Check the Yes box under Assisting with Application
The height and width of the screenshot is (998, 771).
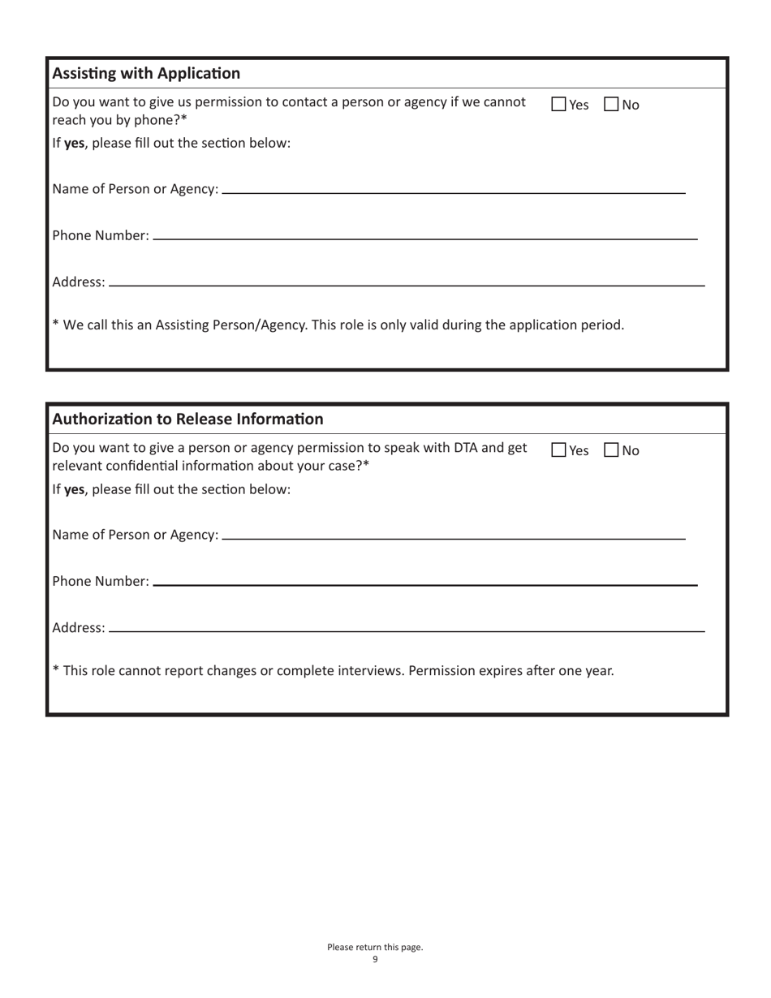coord(558,105)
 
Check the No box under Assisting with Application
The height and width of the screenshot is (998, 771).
coord(612,105)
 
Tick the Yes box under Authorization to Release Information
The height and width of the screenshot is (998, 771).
coord(558,450)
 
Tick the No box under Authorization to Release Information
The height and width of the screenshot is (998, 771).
coord(612,450)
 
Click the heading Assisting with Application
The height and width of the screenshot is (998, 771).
coord(146,74)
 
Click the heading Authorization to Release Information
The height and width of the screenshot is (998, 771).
coord(187,419)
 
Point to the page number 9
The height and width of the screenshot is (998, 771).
coord(375,960)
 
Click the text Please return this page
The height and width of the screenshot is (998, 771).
coord(375,947)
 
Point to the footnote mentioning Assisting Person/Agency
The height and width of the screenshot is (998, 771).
coord(338,325)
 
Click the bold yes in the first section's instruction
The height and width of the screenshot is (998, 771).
coord(75,144)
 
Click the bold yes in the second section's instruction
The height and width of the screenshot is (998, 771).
coord(75,490)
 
